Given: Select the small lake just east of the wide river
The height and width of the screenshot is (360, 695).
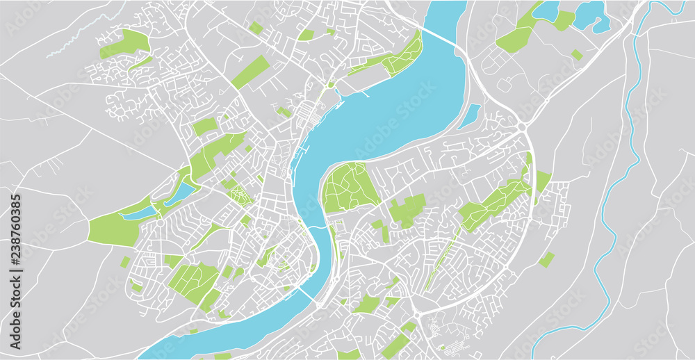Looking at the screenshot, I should pos(470,115).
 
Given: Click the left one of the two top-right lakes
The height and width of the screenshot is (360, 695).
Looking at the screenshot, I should pos(546,10).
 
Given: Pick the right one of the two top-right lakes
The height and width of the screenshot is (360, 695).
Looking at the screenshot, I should pos(589,14).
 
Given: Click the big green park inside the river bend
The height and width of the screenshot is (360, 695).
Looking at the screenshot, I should pos(351,186).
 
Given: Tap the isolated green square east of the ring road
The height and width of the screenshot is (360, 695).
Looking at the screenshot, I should pos(547,259).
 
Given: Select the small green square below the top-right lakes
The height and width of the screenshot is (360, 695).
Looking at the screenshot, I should pos(577,54).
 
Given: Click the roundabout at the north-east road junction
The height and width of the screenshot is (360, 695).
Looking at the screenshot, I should pos(521,126).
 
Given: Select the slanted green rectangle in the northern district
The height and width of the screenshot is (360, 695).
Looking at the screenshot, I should pos(250,72).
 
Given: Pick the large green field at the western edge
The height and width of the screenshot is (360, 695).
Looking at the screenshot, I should pos(111,229).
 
